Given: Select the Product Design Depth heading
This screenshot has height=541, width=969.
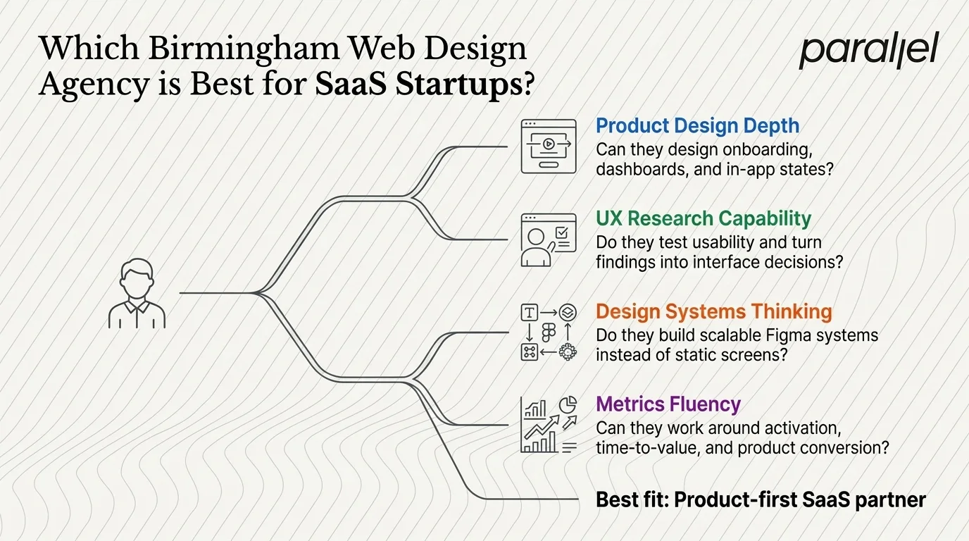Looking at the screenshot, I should tap(697, 126).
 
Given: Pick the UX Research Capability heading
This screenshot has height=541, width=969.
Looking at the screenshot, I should tap(703, 218).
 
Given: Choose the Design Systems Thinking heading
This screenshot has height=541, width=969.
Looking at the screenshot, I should tap(713, 311).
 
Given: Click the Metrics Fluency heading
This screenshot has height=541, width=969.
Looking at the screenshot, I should tap(668, 404).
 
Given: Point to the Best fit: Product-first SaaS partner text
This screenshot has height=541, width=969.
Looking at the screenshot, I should tap(761, 500).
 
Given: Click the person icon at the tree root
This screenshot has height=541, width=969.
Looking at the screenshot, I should tap(137, 294).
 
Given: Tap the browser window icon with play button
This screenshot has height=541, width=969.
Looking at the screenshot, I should tap(548, 147).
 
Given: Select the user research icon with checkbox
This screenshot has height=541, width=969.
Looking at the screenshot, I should tap(548, 240).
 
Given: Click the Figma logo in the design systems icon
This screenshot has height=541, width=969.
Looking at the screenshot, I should tap(548, 332).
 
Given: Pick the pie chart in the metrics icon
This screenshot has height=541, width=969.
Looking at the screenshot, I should tap(568, 404).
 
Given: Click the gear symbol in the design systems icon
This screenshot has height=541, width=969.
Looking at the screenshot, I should tap(567, 352).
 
